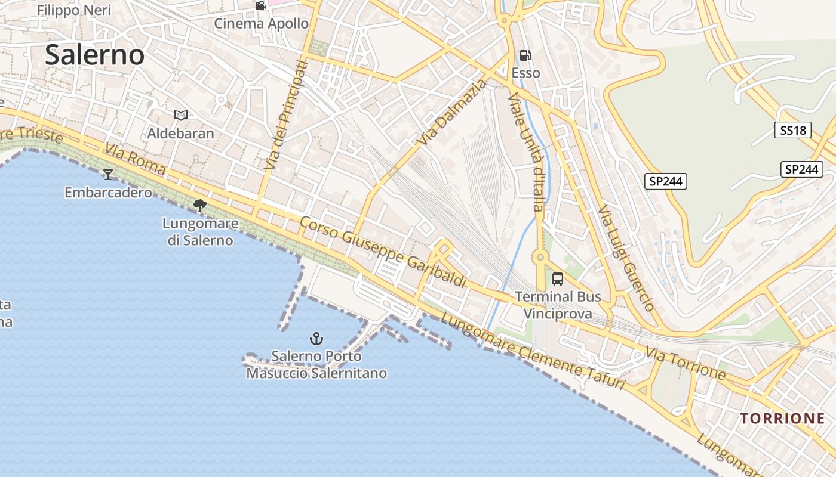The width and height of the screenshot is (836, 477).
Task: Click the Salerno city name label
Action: coord(94,55)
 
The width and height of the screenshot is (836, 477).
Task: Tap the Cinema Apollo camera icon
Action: coord(260,6)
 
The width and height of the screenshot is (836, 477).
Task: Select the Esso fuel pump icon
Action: coord(525,55)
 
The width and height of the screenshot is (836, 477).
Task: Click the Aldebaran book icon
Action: coord(180,115)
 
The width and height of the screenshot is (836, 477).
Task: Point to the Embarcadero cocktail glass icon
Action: coord(108,174)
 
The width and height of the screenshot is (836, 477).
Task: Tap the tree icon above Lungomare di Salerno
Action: coord(200,206)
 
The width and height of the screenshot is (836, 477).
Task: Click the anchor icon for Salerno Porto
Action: coord(316,339)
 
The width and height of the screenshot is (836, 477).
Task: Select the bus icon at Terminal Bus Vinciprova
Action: coord(558,278)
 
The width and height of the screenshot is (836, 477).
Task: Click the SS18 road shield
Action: coord(792,130)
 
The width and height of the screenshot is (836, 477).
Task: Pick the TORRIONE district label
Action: coord(782,418)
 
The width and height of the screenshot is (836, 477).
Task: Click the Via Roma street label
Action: coord(135,159)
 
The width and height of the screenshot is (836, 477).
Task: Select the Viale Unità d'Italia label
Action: coord(527,152)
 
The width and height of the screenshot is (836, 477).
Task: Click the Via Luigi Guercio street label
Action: coord(627,258)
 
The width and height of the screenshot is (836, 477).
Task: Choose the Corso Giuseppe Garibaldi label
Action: coord(382,251)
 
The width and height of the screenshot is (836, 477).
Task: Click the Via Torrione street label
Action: coord(686,363)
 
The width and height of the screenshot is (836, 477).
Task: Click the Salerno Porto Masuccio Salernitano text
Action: coord(316,365)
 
